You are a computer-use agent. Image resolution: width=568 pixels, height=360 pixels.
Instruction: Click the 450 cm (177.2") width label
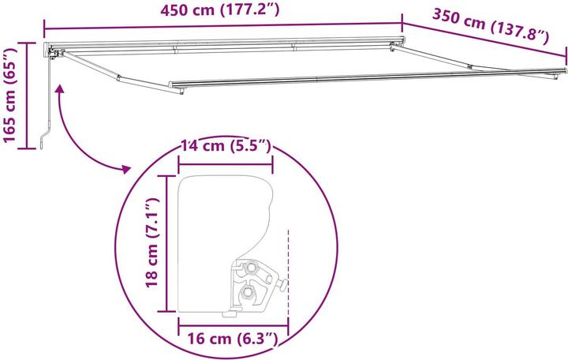[220, 11]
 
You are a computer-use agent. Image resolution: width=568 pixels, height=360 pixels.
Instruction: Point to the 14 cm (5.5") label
[226, 146]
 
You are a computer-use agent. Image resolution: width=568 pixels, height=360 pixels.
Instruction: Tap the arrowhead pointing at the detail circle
[124, 168]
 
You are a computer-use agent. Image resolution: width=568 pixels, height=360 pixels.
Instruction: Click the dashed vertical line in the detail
[289, 268]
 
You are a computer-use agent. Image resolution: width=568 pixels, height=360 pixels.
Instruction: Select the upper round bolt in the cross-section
[252, 268]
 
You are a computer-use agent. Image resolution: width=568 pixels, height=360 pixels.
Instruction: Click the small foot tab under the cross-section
[228, 313]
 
